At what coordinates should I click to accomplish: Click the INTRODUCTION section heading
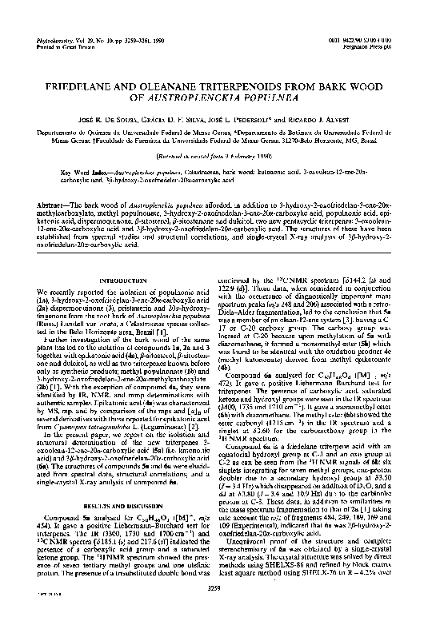pyautogui.click(x=115, y=280)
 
